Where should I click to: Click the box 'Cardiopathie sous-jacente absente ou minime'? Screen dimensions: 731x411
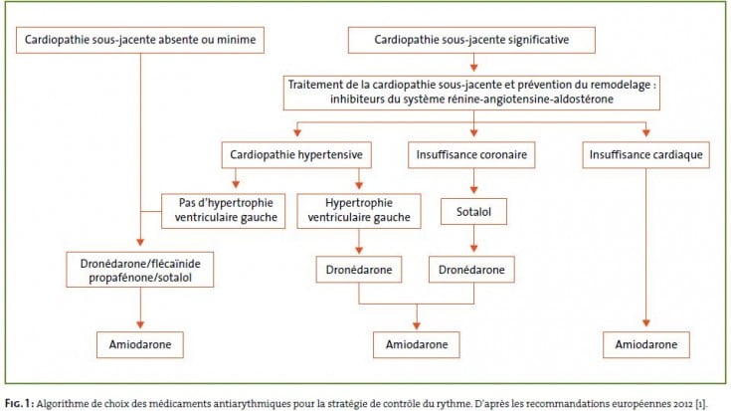coord(140,40)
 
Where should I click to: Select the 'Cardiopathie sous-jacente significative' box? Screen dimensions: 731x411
coord(471,40)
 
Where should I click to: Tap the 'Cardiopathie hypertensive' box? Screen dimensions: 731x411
coord(296,155)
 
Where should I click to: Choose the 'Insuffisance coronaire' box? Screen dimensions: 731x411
coord(471,155)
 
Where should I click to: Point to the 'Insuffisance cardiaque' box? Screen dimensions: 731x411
coord(645,155)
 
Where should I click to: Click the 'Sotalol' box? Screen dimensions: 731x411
coord(473,212)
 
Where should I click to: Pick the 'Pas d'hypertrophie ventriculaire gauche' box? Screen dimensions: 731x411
coord(224,211)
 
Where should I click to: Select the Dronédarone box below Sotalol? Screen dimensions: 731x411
coord(471,269)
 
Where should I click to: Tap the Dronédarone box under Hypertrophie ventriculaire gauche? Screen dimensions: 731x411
coord(358,269)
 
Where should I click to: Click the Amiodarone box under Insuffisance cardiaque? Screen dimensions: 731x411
coord(645,344)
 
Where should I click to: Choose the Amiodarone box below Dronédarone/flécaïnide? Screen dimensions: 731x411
coord(140,344)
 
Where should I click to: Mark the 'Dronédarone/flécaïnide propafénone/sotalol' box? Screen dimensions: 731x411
coord(140,270)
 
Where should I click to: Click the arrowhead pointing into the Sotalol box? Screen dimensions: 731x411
coord(473,190)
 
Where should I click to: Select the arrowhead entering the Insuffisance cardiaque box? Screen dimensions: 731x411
coord(645,133)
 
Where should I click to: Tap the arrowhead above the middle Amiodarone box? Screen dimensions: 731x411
coord(417,325)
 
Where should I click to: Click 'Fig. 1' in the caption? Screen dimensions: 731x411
coord(19,403)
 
